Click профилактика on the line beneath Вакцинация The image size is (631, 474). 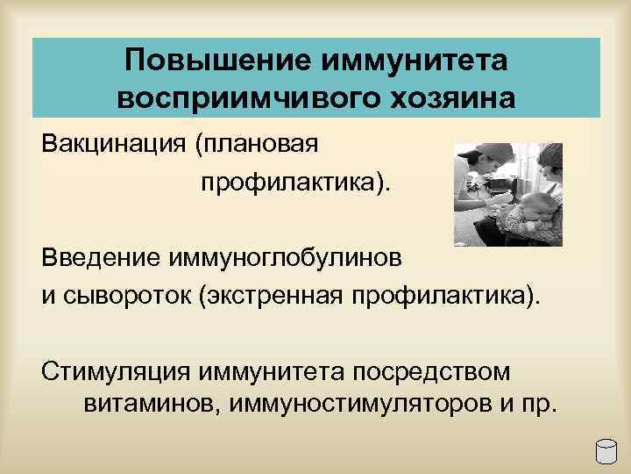click(295, 183)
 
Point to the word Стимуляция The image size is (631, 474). click(117, 371)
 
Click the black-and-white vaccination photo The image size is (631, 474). click(507, 191)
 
